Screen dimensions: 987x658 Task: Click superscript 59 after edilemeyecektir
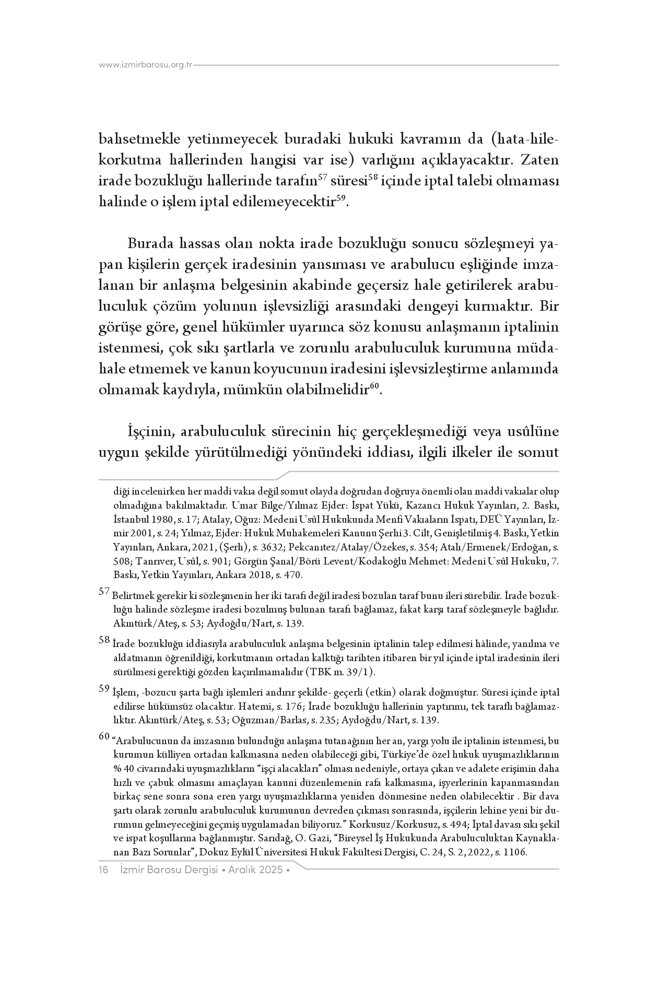[x=341, y=198]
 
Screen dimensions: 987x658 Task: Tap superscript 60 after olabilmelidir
[x=374, y=386]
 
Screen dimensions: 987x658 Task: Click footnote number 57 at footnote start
[x=104, y=592]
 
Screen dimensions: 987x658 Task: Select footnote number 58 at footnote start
[x=104, y=640]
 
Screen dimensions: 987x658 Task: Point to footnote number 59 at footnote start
[x=104, y=689]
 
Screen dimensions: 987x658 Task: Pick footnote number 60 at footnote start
[x=104, y=737]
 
